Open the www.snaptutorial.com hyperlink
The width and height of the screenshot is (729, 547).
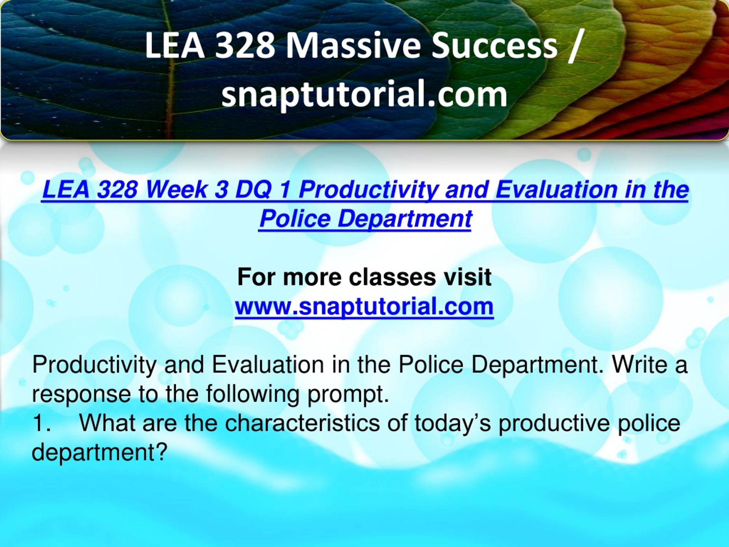[364, 306]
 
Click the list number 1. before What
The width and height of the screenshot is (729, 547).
[42, 423]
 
